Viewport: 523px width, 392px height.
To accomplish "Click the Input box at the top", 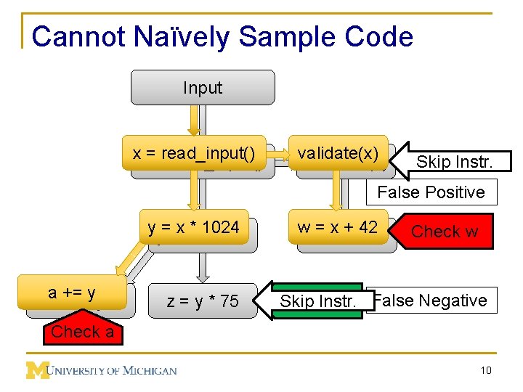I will coord(202,88).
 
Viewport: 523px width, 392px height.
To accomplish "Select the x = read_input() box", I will coord(194,153).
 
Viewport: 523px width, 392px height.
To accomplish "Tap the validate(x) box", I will coord(338,153).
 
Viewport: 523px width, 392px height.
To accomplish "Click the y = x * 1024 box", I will coord(194,227).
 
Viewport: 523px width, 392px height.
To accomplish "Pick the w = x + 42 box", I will coord(338,227).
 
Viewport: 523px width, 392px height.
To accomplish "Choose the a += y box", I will coord(72,293).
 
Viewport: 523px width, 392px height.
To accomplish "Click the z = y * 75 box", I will coord(203,301).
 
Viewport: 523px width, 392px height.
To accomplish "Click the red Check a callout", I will coord(81,332).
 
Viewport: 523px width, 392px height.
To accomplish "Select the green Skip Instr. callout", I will coord(317,301).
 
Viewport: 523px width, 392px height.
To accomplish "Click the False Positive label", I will coord(431,192).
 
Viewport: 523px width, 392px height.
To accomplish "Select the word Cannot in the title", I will coord(70,37).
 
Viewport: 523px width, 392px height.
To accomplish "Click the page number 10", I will coord(485,371).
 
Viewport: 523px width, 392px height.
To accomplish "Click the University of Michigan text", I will coord(113,371).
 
